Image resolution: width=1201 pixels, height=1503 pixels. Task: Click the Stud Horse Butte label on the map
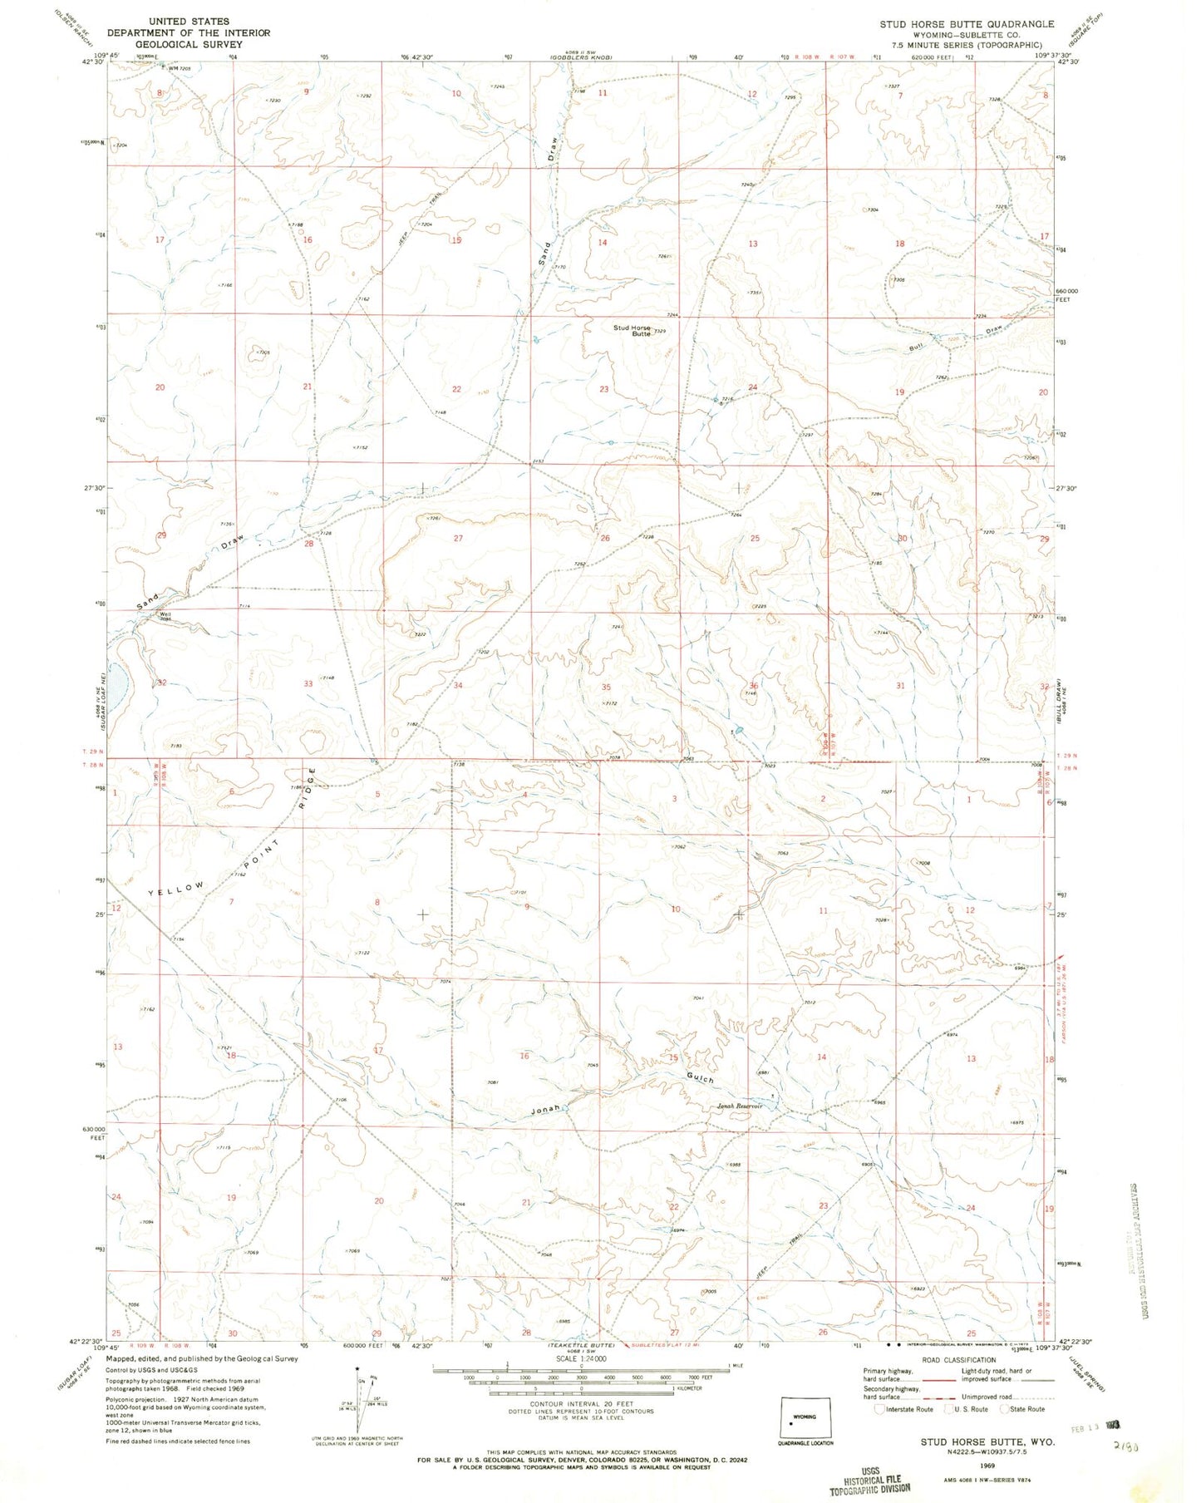click(632, 330)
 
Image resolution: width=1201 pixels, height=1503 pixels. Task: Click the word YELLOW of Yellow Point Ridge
click(175, 889)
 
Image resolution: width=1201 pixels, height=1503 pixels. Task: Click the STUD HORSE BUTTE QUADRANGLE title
click(967, 24)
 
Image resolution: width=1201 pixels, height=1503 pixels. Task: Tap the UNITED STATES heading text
click(189, 21)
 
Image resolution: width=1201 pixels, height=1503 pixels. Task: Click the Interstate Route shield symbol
click(880, 1409)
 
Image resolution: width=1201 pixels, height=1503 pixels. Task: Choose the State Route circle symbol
click(1003, 1409)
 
